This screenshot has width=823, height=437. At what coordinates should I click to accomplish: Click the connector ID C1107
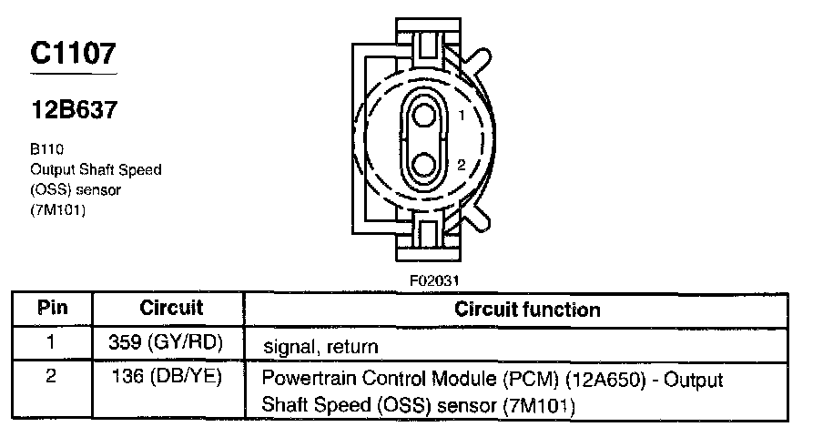[73, 54]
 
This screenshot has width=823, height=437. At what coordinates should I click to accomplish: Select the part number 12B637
[73, 109]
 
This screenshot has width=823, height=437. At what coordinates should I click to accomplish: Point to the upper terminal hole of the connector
[423, 116]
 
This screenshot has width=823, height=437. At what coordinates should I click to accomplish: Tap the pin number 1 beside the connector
[462, 116]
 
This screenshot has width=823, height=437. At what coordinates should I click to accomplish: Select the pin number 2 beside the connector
[462, 165]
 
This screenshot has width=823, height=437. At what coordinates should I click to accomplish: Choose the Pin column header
[52, 308]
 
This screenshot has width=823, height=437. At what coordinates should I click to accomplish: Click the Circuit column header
[171, 308]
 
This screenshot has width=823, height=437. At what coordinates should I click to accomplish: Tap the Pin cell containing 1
[52, 344]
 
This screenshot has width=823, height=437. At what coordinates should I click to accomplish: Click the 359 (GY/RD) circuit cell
[171, 345]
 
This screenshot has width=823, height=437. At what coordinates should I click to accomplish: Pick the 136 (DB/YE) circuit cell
[171, 375]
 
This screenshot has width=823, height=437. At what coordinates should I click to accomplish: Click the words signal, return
[320, 347]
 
